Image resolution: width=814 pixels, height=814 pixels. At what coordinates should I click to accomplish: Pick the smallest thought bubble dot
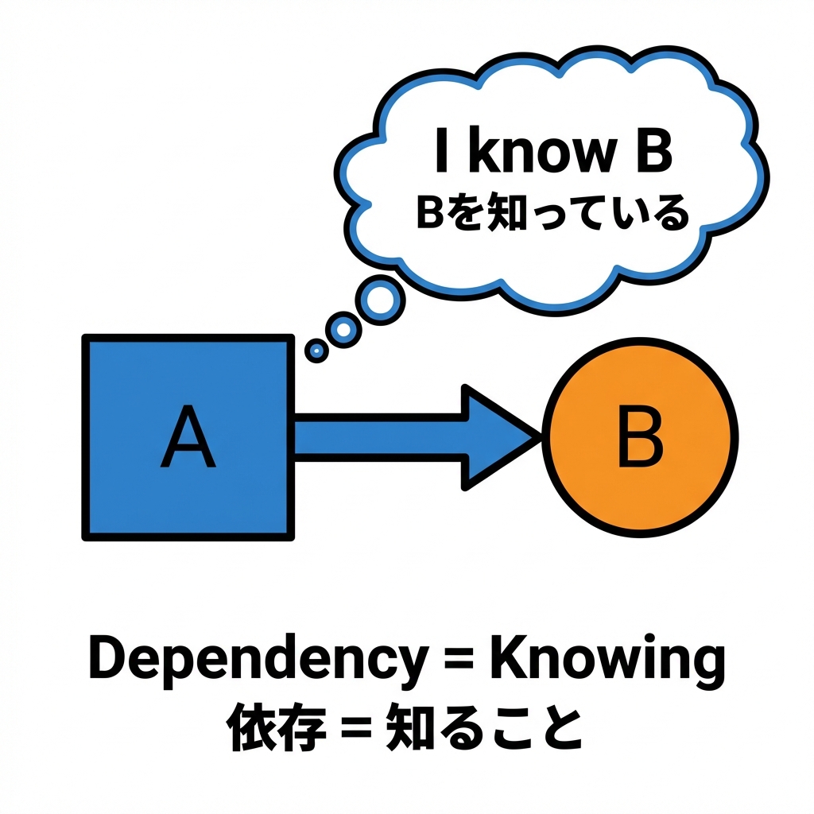316,349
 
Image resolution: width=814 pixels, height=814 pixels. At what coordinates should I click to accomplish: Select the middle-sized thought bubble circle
344,327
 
